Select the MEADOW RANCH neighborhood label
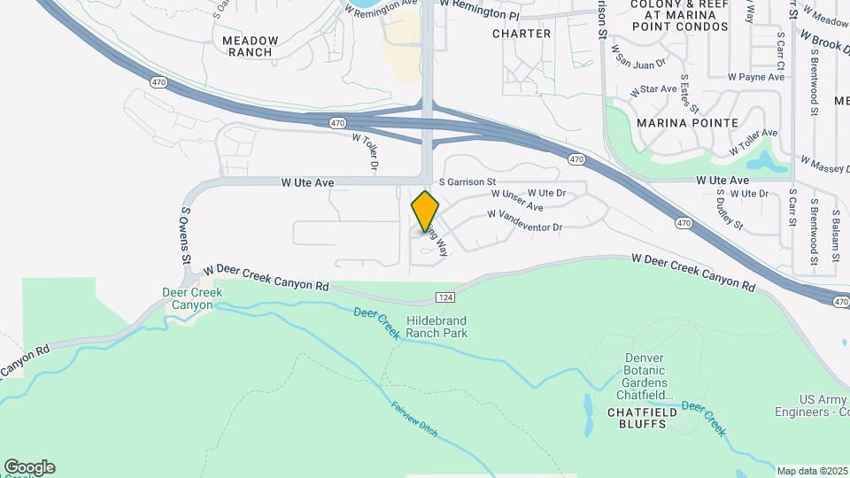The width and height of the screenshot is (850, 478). tap(251, 46)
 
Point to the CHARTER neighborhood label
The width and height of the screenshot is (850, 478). tap(522, 34)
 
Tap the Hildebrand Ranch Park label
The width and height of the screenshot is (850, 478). tap(437, 327)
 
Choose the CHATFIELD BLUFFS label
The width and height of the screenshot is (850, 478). tap(642, 412)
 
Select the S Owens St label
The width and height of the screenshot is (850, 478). tap(186, 236)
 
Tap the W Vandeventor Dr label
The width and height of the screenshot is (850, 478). tap(524, 220)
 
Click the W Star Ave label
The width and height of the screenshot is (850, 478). tap(653, 90)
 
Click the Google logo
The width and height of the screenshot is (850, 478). tap(29, 466)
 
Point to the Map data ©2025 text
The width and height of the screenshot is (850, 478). tap(812, 470)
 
